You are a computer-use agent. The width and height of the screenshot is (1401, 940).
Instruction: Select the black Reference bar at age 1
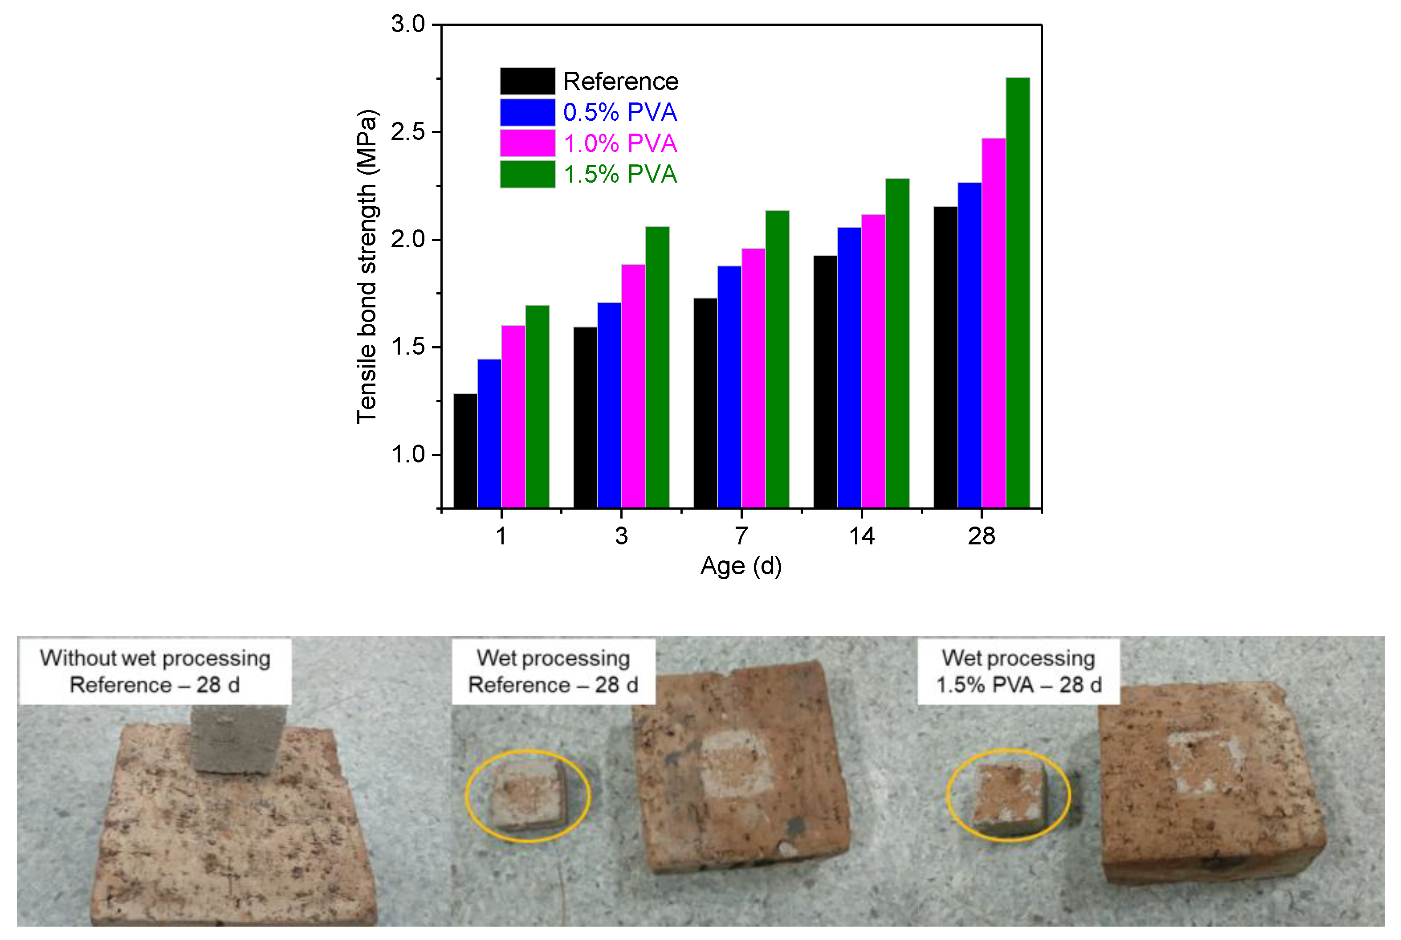[465, 451]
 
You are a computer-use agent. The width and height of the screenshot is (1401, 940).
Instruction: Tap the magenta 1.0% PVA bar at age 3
[633, 386]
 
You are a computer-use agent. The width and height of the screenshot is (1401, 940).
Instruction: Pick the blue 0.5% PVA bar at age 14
[849, 368]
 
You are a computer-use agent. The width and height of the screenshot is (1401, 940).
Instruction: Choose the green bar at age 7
[777, 359]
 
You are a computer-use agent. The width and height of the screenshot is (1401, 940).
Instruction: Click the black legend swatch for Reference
[527, 81]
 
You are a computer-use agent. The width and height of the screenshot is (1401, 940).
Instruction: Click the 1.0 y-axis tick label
[407, 454]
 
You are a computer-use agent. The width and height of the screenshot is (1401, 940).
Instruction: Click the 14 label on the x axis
[861, 536]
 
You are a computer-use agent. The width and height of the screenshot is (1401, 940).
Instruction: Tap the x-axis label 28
[981, 536]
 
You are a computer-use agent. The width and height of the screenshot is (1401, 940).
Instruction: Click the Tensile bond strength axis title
[367, 267]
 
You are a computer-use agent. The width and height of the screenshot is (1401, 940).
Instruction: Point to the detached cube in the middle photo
[527, 796]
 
